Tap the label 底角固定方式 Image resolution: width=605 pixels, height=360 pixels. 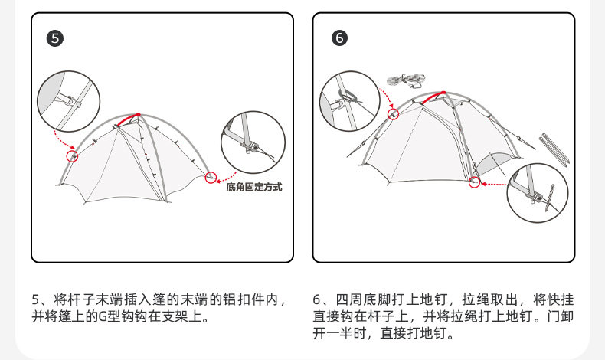point(253,186)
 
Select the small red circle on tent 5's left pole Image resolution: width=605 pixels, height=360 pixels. point(73,155)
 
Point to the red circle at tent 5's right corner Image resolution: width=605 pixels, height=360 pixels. point(211,178)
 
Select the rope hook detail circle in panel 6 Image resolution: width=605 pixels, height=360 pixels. point(349,100)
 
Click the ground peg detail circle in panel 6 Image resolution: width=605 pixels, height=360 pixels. point(538,195)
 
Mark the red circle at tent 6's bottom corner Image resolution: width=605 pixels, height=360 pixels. point(474,182)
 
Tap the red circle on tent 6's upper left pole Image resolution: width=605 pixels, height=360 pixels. point(394,114)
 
